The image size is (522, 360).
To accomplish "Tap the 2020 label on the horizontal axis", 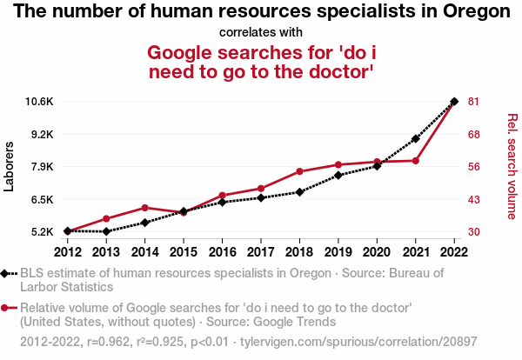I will coord(377,252).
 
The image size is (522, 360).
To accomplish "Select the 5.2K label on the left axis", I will coord(43,232).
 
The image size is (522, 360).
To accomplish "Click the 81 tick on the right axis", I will coord(474,102).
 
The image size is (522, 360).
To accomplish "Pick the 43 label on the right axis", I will coord(474,200).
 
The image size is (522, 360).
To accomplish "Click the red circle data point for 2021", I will coord(416,161).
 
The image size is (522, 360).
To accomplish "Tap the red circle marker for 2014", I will coord(144,207).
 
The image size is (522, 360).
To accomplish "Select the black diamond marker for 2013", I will coord(106,231).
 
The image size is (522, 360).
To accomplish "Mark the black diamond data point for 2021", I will coord(416,138).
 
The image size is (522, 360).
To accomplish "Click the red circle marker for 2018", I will coord(299,171).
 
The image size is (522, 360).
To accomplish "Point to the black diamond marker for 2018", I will coord(299,192).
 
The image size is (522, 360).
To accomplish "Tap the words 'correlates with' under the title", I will coord(261,32).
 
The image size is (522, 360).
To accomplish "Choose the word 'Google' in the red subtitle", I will coord(190,52).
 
